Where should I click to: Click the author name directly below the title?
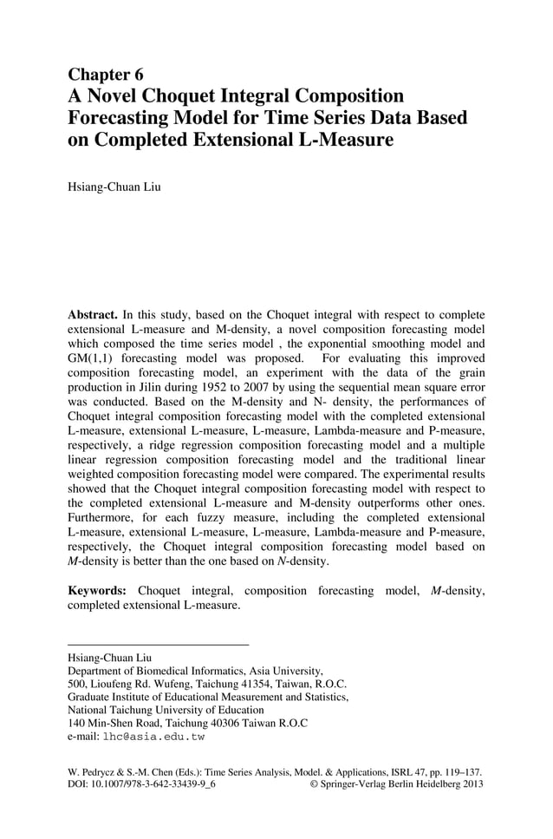coord(114,186)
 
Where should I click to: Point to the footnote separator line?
coord(158,644)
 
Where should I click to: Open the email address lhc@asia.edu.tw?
coord(153,737)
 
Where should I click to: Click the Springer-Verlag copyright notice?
coord(395,783)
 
